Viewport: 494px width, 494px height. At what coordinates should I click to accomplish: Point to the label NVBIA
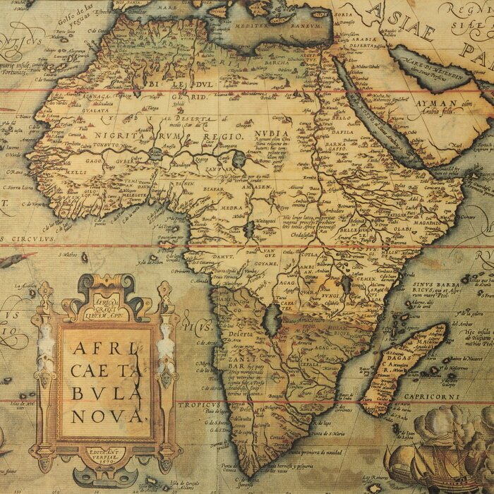pyautogui.click(x=274, y=133)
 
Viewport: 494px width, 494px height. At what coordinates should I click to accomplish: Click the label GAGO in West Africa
pyautogui.click(x=95, y=161)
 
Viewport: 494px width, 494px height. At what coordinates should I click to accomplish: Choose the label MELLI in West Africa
pyautogui.click(x=78, y=171)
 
